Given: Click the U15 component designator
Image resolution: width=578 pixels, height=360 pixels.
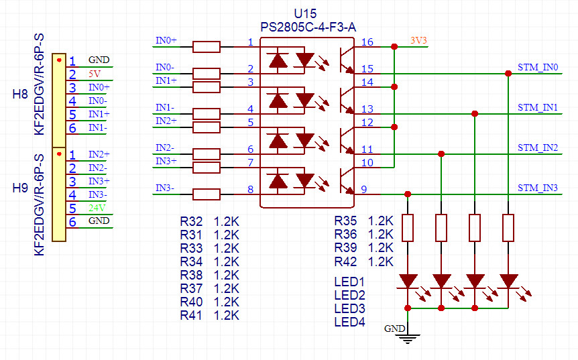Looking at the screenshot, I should point(306,14).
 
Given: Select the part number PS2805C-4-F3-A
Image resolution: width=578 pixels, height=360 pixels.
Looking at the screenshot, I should point(306,27).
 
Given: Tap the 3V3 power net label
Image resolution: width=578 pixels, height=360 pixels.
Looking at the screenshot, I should point(418,40).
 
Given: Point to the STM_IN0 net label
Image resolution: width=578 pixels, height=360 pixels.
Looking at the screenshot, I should point(538,68).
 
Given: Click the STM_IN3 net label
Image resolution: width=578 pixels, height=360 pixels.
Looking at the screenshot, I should point(538,188).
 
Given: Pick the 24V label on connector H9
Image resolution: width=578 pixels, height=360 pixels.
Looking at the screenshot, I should point(97,208).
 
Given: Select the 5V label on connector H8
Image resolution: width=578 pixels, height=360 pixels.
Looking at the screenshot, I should point(95,74).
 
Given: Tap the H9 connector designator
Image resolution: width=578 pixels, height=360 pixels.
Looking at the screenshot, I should point(20,188).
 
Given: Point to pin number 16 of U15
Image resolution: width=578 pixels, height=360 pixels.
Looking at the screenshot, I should point(367,43).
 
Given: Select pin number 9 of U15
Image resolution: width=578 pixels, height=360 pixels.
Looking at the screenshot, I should point(364,190).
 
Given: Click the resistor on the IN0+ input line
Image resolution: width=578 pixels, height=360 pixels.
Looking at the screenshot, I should point(206,47).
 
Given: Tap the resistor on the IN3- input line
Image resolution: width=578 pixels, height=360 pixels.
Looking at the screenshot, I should point(206,194).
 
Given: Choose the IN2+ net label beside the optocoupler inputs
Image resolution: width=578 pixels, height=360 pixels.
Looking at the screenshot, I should point(166,121).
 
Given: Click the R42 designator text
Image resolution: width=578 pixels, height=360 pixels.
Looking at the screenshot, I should point(346,261).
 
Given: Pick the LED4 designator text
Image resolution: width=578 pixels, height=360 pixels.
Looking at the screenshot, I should point(349,322).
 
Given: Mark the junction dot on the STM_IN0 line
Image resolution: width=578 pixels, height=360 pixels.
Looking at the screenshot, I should point(508,74).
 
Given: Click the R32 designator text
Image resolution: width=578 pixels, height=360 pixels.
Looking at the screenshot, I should point(191,221).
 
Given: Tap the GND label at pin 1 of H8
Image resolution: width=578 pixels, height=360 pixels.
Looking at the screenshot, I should point(99,60).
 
